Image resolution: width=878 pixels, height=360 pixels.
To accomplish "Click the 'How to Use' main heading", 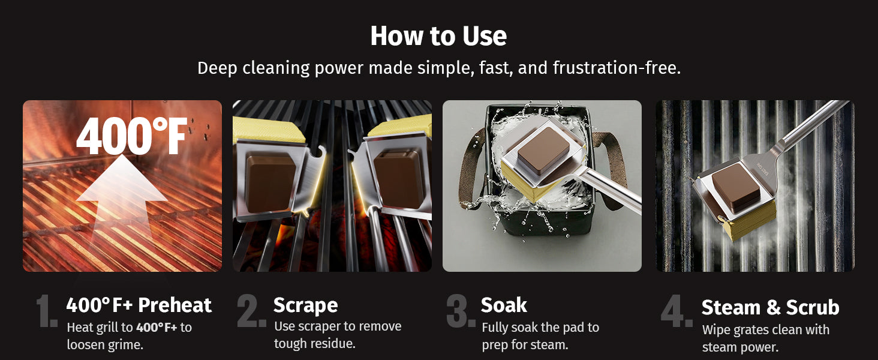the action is [x=438, y=36].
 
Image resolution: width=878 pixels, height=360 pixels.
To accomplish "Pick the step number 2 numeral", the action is [x=252, y=311].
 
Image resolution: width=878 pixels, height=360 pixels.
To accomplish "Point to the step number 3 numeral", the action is [x=461, y=311].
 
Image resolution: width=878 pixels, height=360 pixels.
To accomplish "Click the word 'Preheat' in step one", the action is [x=175, y=305].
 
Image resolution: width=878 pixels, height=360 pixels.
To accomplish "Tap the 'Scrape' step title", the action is [x=306, y=305].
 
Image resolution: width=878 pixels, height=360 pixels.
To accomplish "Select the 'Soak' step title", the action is [x=504, y=305].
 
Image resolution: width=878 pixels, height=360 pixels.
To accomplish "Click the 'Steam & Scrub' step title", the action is [x=770, y=307].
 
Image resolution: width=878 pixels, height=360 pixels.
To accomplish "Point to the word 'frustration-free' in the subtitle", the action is [x=617, y=68].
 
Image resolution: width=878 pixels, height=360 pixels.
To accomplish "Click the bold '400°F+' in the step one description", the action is [x=157, y=327].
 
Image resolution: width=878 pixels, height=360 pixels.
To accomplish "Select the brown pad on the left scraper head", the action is [x=270, y=183].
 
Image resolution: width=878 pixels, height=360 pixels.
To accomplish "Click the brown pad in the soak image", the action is [x=544, y=150].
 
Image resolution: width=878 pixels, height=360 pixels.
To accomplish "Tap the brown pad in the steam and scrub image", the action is [x=736, y=186].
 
